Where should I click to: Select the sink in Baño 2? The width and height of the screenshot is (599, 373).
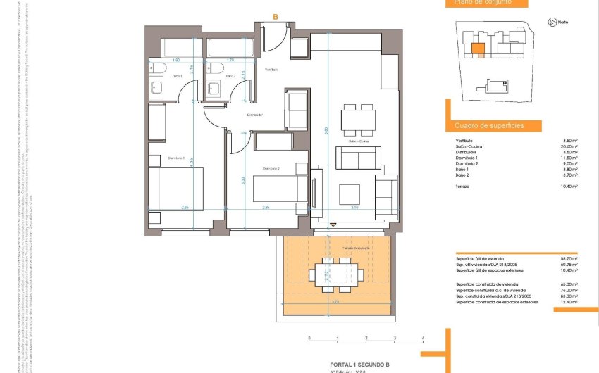215,87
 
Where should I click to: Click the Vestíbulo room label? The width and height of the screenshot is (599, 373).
271,70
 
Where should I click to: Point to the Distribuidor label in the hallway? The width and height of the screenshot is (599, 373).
254,114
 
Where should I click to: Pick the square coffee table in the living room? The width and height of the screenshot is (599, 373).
349,192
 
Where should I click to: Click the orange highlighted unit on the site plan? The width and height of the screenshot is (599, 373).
478,49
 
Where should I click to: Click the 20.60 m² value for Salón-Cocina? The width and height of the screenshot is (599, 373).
568,146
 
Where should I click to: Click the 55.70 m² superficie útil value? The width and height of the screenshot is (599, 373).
567,259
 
